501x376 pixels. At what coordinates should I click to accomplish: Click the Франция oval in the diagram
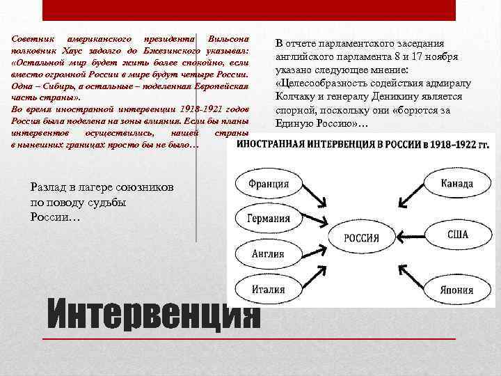point(269,185)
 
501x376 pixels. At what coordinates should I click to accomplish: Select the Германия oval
point(269,218)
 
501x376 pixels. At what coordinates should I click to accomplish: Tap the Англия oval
point(269,253)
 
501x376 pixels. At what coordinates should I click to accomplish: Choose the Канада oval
point(456,184)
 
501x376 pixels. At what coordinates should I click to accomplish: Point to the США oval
point(456,235)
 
